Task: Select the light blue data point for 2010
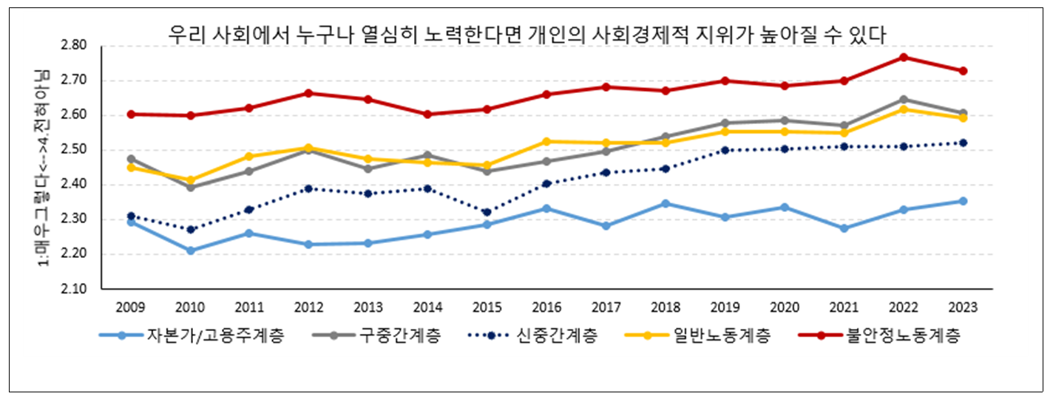click(191, 250)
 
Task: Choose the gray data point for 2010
click(191, 187)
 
